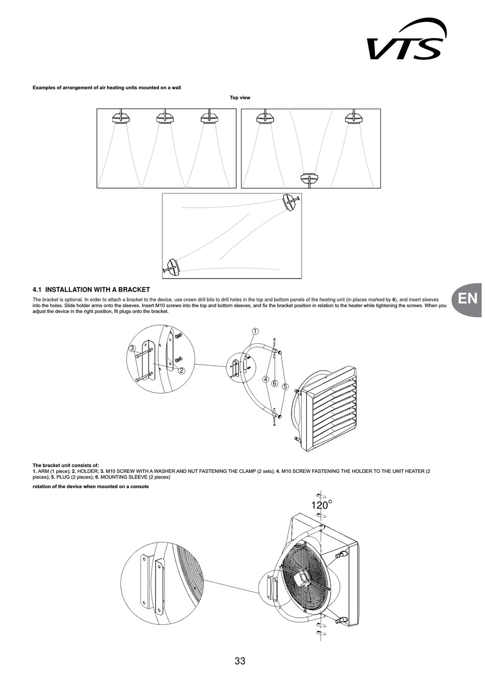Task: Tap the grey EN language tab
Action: pyautogui.click(x=468, y=299)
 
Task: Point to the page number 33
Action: pyautogui.click(x=240, y=662)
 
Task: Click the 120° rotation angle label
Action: pyautogui.click(x=321, y=505)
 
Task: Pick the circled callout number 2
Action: pyautogui.click(x=181, y=371)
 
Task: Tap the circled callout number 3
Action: pyautogui.click(x=132, y=348)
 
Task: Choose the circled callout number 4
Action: pyautogui.click(x=265, y=380)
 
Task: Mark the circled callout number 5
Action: pyautogui.click(x=285, y=387)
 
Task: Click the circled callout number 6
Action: pyautogui.click(x=275, y=383)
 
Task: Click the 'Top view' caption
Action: pyautogui.click(x=240, y=97)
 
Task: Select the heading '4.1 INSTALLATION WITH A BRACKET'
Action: pyautogui.click(x=91, y=289)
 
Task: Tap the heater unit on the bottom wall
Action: pyautogui.click(x=311, y=179)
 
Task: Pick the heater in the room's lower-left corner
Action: pyautogui.click(x=172, y=267)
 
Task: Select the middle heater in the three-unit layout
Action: pyautogui.click(x=165, y=118)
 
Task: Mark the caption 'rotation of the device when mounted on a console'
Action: pyautogui.click(x=91, y=487)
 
